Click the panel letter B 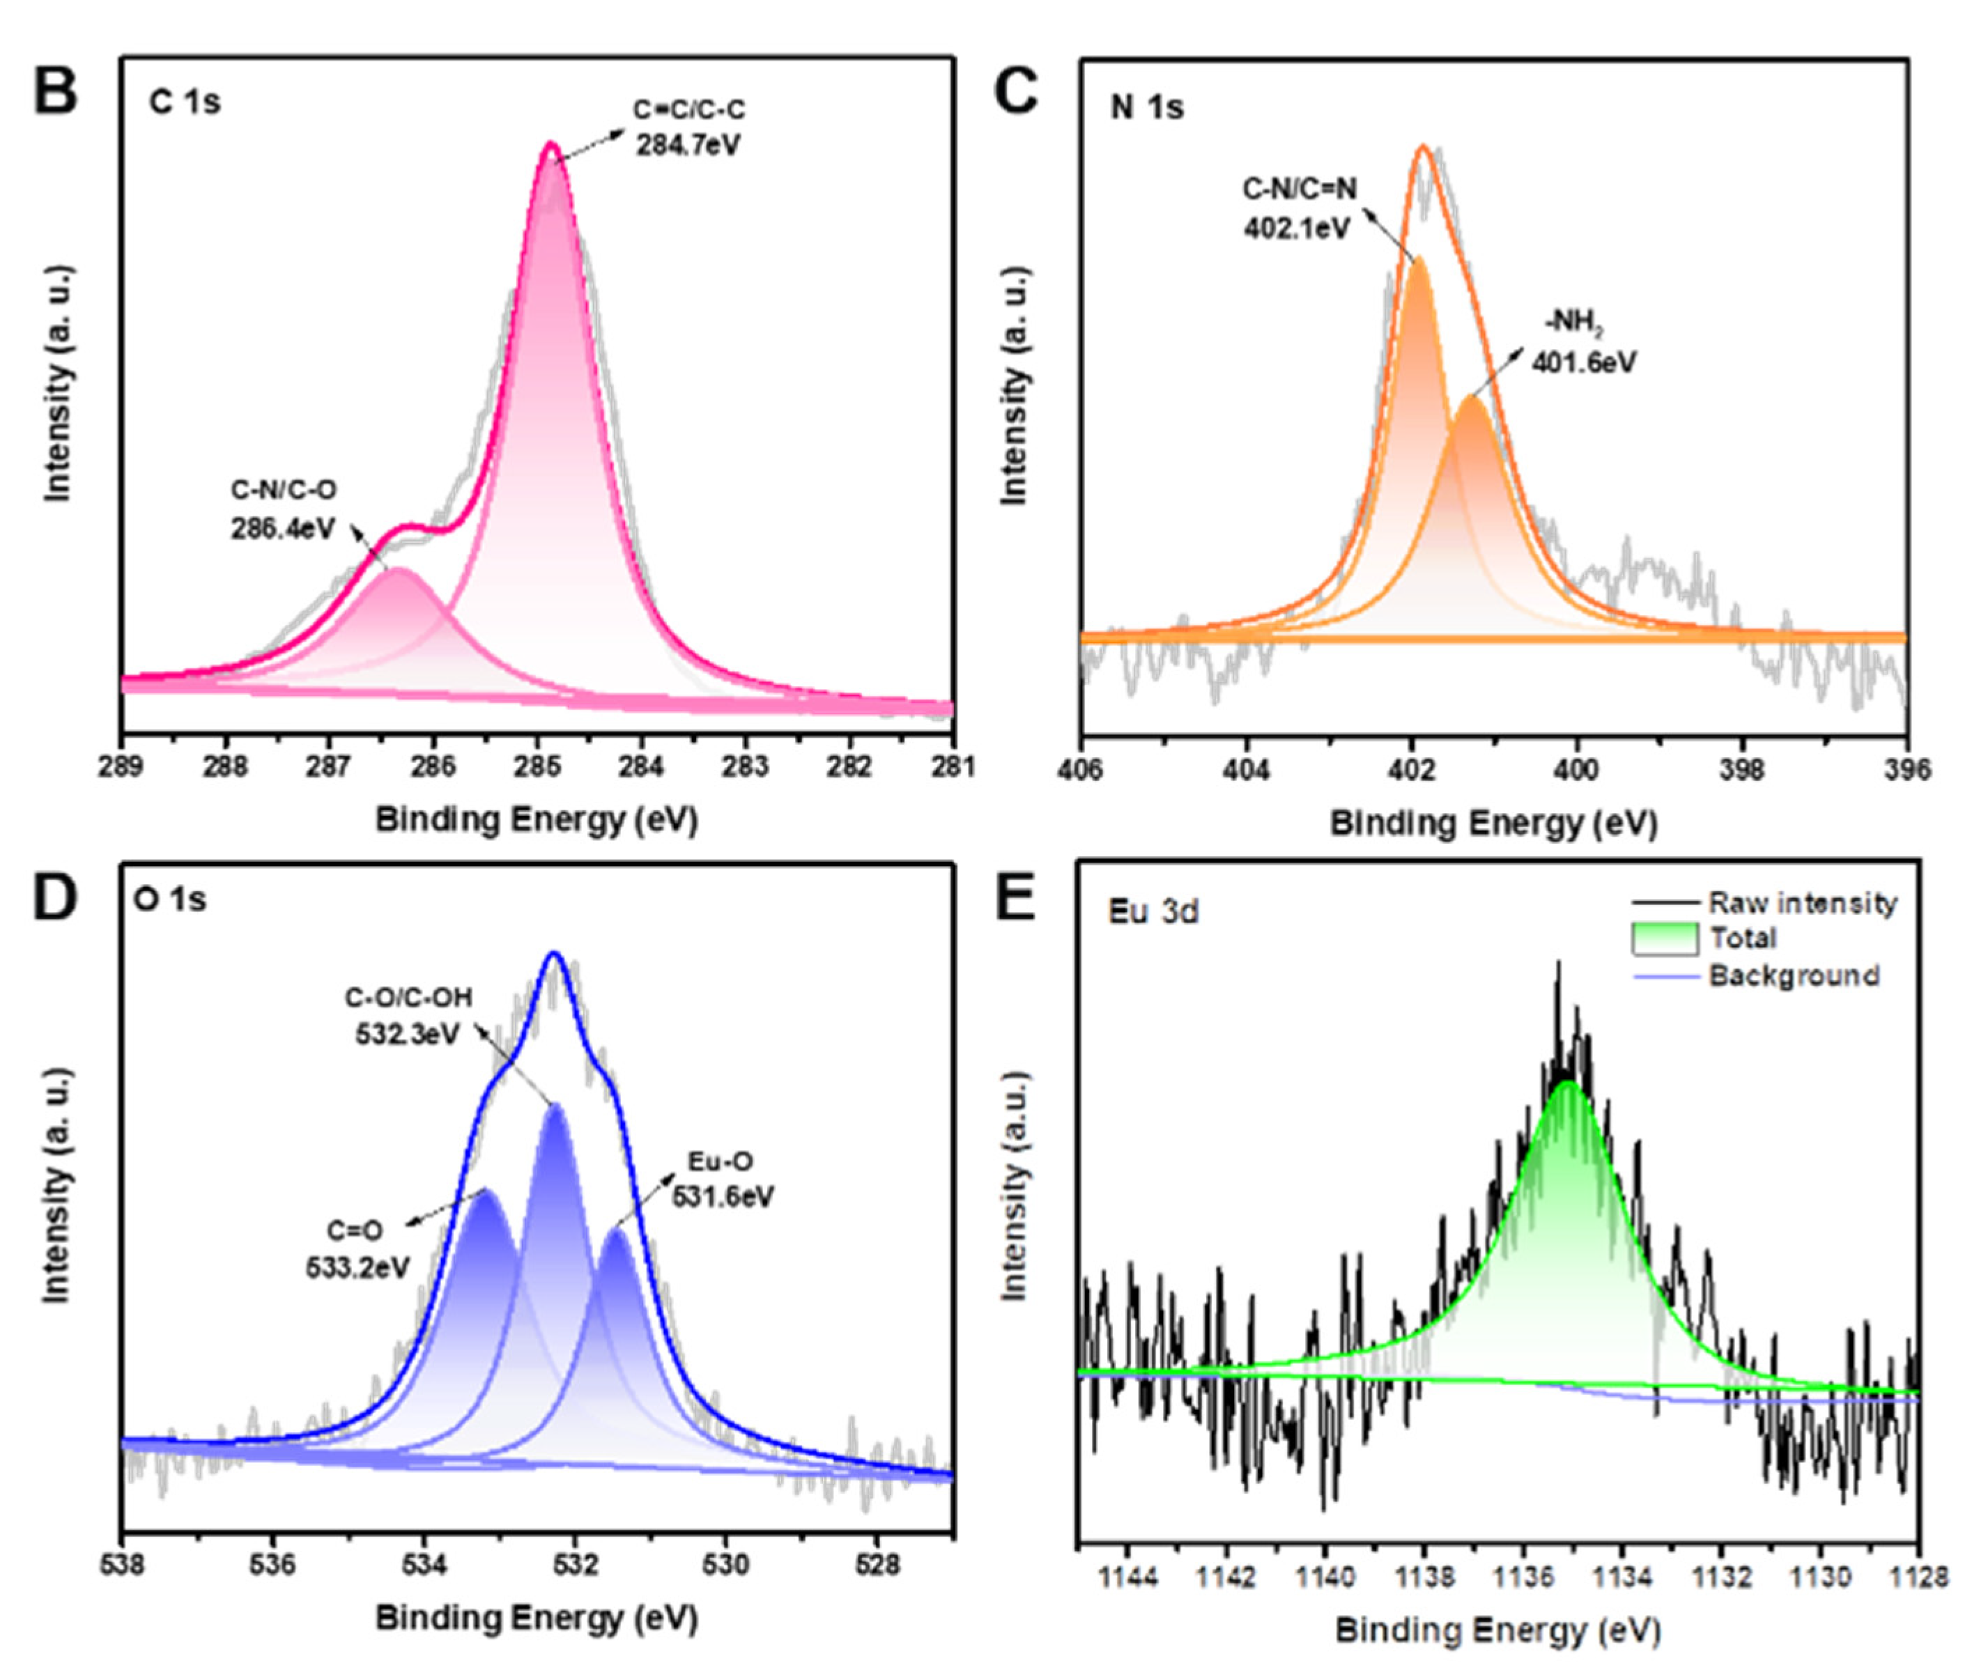click(x=55, y=92)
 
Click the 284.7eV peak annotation click(x=688, y=145)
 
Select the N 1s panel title click(x=1146, y=107)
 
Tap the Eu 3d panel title click(x=1153, y=912)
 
